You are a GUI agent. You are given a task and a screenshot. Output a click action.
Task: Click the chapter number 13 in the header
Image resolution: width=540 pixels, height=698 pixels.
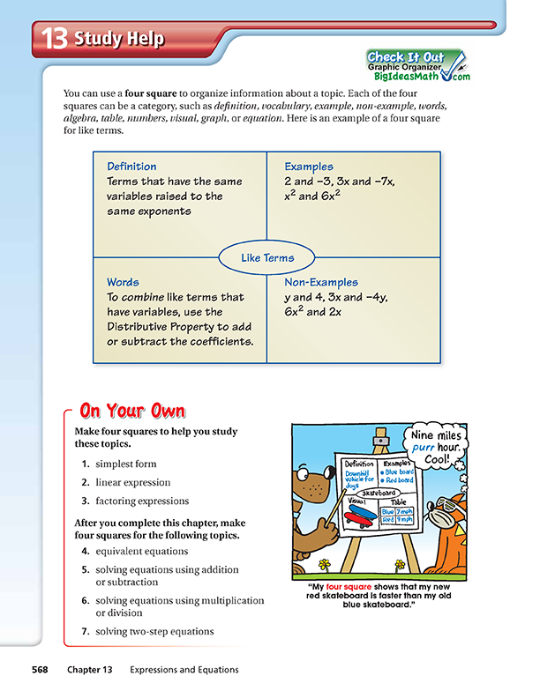(x=55, y=40)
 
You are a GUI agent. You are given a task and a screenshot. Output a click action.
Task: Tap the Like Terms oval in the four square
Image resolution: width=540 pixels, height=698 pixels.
(x=267, y=258)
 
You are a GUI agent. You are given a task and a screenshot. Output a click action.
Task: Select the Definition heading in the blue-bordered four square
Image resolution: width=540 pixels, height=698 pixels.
(x=131, y=167)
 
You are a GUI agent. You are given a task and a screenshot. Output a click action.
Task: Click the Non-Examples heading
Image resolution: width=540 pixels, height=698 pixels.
(x=321, y=283)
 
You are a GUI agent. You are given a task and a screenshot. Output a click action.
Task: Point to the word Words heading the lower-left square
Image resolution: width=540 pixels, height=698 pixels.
(x=123, y=283)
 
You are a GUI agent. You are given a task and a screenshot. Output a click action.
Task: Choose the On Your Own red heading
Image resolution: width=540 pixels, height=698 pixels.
(x=132, y=411)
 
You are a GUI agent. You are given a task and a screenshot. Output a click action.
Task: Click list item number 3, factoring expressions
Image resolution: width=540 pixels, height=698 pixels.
(x=141, y=501)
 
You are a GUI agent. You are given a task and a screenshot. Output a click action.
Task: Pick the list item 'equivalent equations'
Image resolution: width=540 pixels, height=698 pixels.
(x=141, y=552)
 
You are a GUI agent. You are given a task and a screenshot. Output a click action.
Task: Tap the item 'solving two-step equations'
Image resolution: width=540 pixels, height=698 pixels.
(x=154, y=631)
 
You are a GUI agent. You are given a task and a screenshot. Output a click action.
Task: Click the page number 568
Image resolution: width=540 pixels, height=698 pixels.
(x=40, y=670)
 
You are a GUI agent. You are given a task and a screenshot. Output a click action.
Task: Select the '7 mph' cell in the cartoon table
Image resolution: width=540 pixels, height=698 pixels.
(x=404, y=510)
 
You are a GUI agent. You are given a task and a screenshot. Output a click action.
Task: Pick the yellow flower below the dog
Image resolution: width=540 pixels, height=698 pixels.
(x=325, y=564)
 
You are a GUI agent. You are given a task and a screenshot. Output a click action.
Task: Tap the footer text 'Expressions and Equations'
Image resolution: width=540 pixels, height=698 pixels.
(x=184, y=670)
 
